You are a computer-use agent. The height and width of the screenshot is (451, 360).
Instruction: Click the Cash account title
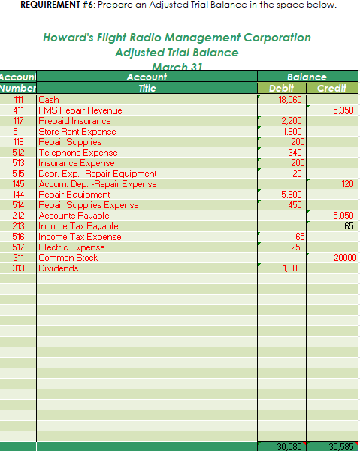pyautogui.click(x=49, y=100)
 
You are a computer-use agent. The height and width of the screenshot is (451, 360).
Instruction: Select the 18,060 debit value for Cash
pyautogui.click(x=290, y=100)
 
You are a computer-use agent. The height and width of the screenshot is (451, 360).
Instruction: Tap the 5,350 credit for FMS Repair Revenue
pyautogui.click(x=343, y=110)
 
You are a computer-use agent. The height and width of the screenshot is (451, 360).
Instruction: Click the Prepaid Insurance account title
pyautogui.click(x=74, y=121)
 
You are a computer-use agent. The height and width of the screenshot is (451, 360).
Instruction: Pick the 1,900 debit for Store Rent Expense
pyautogui.click(x=292, y=132)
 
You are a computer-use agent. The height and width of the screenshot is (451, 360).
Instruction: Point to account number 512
pyautogui.click(x=20, y=153)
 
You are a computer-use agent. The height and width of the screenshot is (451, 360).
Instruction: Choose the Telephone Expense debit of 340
pyautogui.click(x=295, y=153)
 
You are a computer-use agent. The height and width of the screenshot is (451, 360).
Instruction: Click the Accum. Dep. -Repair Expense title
pyautogui.click(x=98, y=184)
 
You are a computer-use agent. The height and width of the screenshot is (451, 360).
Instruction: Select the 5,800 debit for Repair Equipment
pyautogui.click(x=292, y=195)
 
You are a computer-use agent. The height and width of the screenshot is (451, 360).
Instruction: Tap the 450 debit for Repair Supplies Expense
pyautogui.click(x=295, y=205)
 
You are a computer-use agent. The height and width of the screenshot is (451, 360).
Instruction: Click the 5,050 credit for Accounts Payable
pyautogui.click(x=343, y=216)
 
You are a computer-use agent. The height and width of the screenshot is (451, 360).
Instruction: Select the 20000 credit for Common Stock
pyautogui.click(x=345, y=258)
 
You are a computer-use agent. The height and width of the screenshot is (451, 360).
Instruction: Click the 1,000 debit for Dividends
pyautogui.click(x=292, y=268)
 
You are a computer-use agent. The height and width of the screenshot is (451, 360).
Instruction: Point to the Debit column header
pyautogui.click(x=282, y=88)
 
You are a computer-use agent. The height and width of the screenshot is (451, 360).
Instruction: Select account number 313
pyautogui.click(x=20, y=268)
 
